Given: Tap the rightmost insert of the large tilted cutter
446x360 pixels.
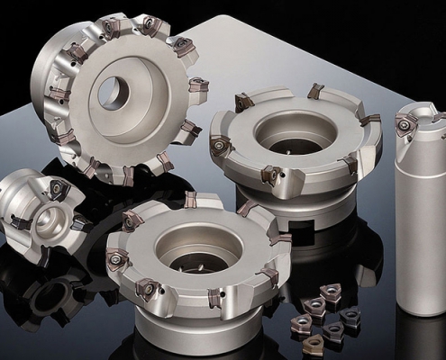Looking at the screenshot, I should pos(199,85).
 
